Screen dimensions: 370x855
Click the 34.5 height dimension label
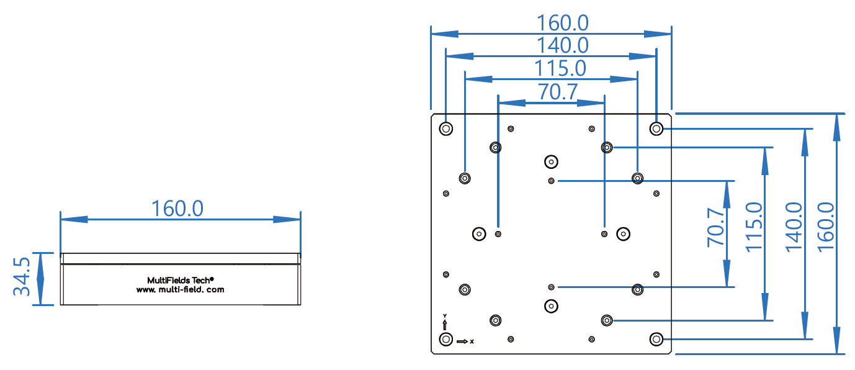coord(22,278)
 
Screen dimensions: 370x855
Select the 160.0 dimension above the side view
coord(177,209)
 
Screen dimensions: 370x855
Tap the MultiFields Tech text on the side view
coord(181,280)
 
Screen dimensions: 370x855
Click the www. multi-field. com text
coord(181,289)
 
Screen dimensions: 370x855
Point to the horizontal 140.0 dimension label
coord(563,45)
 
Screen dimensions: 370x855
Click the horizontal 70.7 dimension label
coord(558,91)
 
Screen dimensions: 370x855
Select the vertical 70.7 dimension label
coord(715,228)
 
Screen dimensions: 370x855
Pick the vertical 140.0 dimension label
coord(794,227)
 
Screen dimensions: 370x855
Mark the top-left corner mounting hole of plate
coord(445,129)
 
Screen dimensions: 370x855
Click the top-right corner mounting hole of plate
coord(656,129)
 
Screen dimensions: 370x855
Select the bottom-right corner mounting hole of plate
coord(656,339)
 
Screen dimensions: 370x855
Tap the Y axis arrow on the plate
coord(445,323)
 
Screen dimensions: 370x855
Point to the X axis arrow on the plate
coord(463,341)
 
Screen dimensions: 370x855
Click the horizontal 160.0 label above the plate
coord(563,23)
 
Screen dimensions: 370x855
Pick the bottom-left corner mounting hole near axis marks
coord(445,339)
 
